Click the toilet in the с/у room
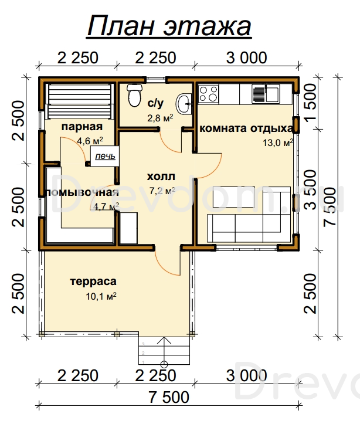point(134,95)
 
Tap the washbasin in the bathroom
point(184,104)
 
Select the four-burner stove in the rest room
point(208,94)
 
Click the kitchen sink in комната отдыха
point(266,94)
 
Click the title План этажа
point(169,26)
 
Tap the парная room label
point(82,127)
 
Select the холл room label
point(161,177)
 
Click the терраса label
point(93,281)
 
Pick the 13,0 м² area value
point(278,143)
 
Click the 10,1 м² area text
point(101,296)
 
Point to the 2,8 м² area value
point(160,118)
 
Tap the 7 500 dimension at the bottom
point(169,397)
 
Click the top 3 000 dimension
point(246,57)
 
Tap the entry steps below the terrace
point(164,351)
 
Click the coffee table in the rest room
point(233,196)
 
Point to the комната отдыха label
point(246,128)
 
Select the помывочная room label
point(83,192)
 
